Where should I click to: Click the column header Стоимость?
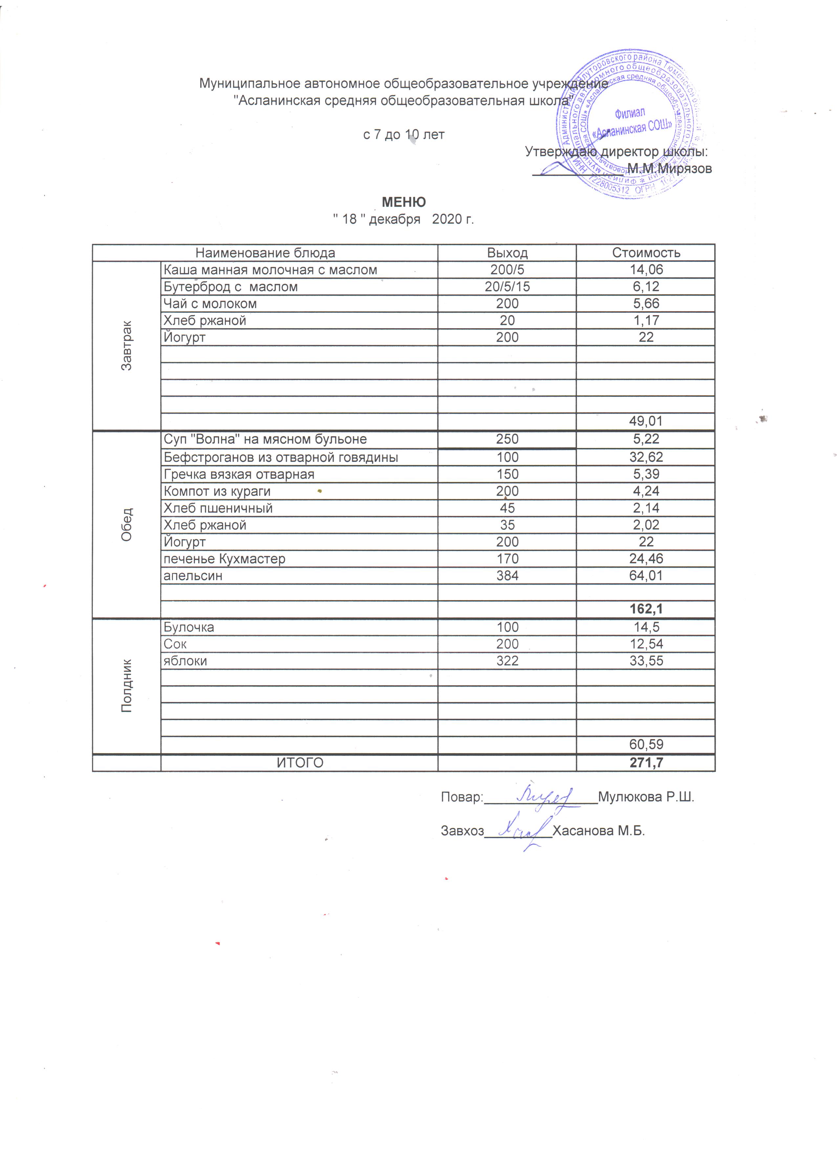pos(646,253)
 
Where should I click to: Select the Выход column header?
pos(507,253)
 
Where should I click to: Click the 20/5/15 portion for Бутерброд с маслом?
pos(507,287)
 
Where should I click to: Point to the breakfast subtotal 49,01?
pos(646,421)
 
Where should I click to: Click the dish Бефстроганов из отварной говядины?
pos(281,457)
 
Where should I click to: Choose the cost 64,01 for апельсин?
pos(646,576)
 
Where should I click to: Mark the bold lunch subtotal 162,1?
pos(646,609)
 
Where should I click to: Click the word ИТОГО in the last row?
pos(300,763)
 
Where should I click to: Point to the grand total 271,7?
pos(646,763)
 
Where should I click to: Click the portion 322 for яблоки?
pos(507,661)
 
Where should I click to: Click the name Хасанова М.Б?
pos(598,831)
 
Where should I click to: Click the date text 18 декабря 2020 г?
pos(403,219)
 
